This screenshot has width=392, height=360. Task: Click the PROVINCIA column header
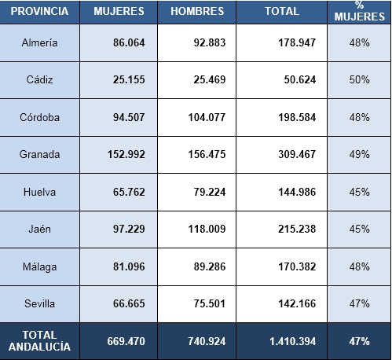pyautogui.click(x=39, y=11)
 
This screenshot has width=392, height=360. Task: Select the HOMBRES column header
pyautogui.click(x=197, y=11)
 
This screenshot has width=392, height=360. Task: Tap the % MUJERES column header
pyautogui.click(x=360, y=11)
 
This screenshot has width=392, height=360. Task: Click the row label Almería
pyautogui.click(x=39, y=42)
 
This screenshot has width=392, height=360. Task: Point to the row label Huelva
pyautogui.click(x=39, y=192)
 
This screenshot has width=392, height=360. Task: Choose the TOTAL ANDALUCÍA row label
pyautogui.click(x=39, y=341)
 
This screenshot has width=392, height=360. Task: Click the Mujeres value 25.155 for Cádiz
pyautogui.click(x=129, y=79)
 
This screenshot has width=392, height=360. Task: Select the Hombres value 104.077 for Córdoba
pyautogui.click(x=207, y=117)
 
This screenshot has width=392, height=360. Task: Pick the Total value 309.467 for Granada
pyautogui.click(x=297, y=154)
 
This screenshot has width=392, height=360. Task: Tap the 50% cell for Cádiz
pyautogui.click(x=359, y=79)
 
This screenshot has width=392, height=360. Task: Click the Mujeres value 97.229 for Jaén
pyautogui.click(x=129, y=229)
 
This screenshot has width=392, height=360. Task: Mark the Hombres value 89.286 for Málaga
pyautogui.click(x=210, y=266)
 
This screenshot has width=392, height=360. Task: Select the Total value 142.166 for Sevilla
pyautogui.click(x=297, y=303)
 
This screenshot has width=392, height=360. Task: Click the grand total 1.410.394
pyautogui.click(x=293, y=341)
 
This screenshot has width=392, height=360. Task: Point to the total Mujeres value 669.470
pyautogui.click(x=126, y=341)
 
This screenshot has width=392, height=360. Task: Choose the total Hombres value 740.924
pyautogui.click(x=207, y=341)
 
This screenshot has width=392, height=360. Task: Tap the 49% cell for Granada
pyautogui.click(x=359, y=154)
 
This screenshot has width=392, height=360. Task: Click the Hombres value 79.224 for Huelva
pyautogui.click(x=210, y=192)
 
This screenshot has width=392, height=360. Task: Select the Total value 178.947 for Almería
pyautogui.click(x=297, y=42)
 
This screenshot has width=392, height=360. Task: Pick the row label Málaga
pyautogui.click(x=39, y=267)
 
